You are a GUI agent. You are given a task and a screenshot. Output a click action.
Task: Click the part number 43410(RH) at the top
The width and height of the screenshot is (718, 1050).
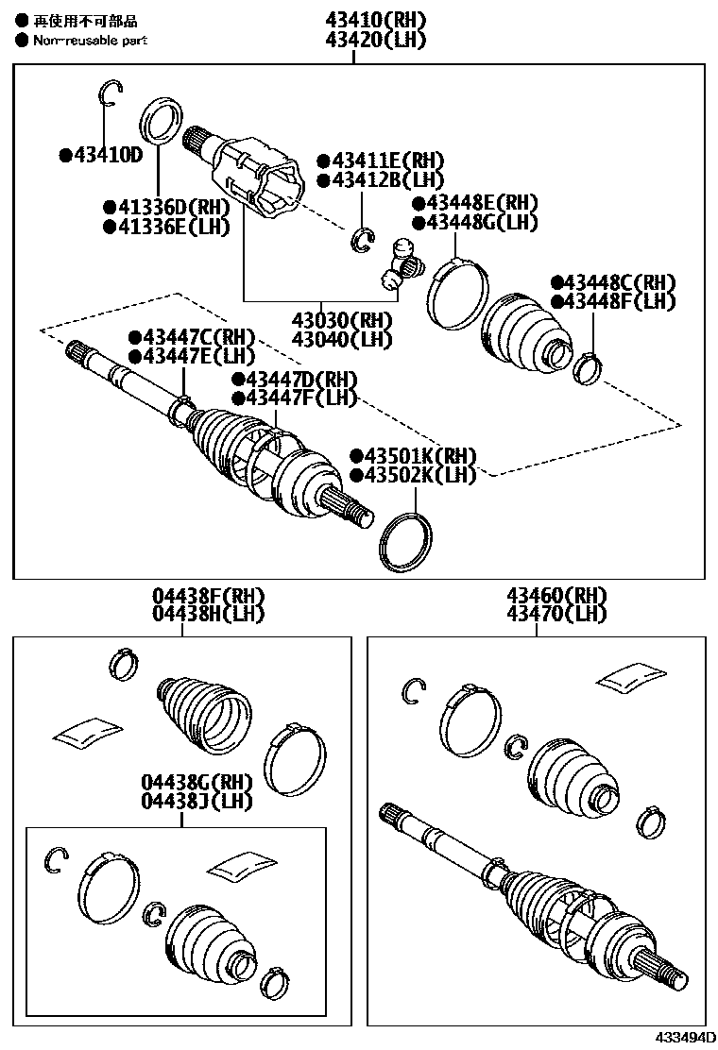(x=375, y=20)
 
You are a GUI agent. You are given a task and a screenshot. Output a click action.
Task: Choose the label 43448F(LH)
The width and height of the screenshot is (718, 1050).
(x=619, y=301)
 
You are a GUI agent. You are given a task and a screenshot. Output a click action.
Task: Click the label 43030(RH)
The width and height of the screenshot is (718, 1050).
(x=341, y=320)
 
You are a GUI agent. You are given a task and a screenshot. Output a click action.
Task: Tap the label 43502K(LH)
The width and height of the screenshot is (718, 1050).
(x=417, y=474)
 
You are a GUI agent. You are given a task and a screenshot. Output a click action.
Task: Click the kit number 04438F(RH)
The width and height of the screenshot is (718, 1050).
(x=209, y=596)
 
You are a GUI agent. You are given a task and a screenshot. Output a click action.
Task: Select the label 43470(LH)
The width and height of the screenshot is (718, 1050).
(x=543, y=614)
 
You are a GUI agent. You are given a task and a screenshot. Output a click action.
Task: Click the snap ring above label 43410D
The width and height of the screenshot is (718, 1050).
(x=110, y=93)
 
